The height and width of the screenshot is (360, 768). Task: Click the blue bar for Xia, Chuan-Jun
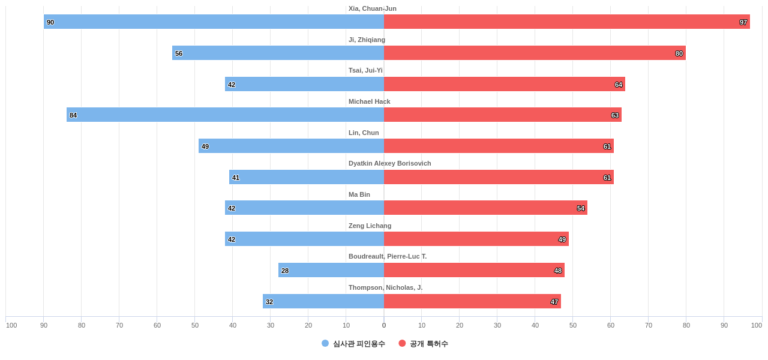pyautogui.click(x=214, y=22)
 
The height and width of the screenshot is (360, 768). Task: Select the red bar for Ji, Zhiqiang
pyautogui.click(x=534, y=53)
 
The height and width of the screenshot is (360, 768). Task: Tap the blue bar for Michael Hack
pyautogui.click(x=225, y=115)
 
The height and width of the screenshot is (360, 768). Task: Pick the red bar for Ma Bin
pyautogui.click(x=485, y=208)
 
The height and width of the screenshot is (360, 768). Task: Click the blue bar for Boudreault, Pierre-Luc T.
pyautogui.click(x=331, y=270)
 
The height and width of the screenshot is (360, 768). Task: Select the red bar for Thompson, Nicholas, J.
pyautogui.click(x=472, y=301)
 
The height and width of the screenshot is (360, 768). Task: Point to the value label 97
pyautogui.click(x=743, y=22)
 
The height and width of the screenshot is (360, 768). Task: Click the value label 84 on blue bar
pyautogui.click(x=73, y=115)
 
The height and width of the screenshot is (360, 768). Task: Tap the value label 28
pyautogui.click(x=285, y=271)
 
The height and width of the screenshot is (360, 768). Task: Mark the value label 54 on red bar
pyautogui.click(x=581, y=208)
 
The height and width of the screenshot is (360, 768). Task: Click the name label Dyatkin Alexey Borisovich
pyautogui.click(x=389, y=163)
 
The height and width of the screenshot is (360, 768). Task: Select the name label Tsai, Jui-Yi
pyautogui.click(x=365, y=70)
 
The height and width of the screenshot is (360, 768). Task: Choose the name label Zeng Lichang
pyautogui.click(x=370, y=226)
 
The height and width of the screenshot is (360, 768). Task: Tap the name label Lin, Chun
pyautogui.click(x=364, y=133)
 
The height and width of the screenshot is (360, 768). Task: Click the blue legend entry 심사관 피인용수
pyautogui.click(x=353, y=344)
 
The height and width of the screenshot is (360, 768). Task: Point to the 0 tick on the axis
pyautogui.click(x=384, y=325)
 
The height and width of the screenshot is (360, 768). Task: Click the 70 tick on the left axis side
pyautogui.click(x=119, y=325)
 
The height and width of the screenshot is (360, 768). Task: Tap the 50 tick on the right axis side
pyautogui.click(x=573, y=325)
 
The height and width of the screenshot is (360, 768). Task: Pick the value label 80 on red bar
pyautogui.click(x=679, y=53)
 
